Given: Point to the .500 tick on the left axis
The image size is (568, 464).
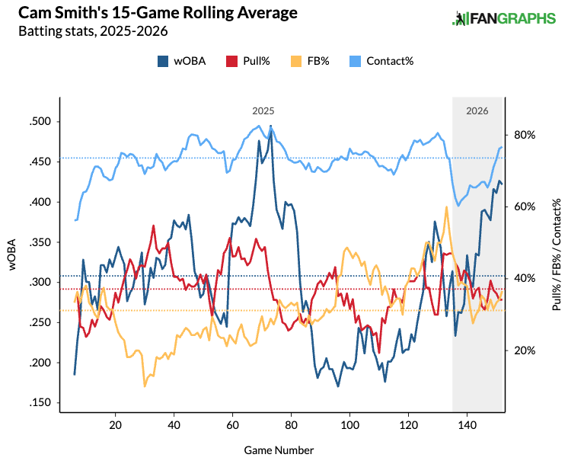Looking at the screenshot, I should pos(40,122).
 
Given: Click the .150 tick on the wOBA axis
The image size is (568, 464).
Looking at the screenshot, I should pos(40,403).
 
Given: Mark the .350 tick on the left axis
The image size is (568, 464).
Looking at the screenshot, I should pos(40,242).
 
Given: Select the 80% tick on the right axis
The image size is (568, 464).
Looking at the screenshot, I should pos(525,135).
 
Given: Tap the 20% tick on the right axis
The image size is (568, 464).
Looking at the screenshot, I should pos(525,350).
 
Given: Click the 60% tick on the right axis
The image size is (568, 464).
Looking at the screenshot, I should pos(525,206).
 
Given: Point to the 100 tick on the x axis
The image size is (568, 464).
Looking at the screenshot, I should pos(349,424).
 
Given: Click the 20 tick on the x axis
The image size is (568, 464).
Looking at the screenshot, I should pos(116,424).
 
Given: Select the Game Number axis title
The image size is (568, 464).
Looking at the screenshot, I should pos(279,450).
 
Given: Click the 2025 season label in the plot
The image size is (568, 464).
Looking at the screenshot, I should pos(263,110).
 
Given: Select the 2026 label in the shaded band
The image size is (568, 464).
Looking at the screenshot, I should pos(477,110).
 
